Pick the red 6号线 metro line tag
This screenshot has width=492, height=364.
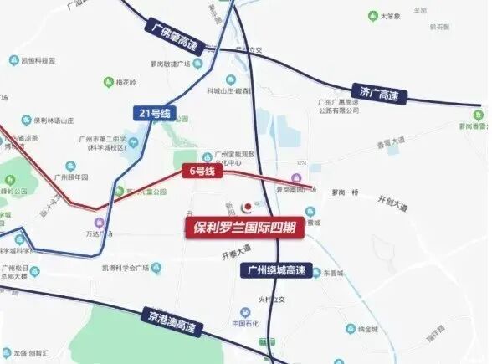point(199,172)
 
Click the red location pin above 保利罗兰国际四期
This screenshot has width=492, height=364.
point(246,206)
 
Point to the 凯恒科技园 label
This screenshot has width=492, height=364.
point(37,60)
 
